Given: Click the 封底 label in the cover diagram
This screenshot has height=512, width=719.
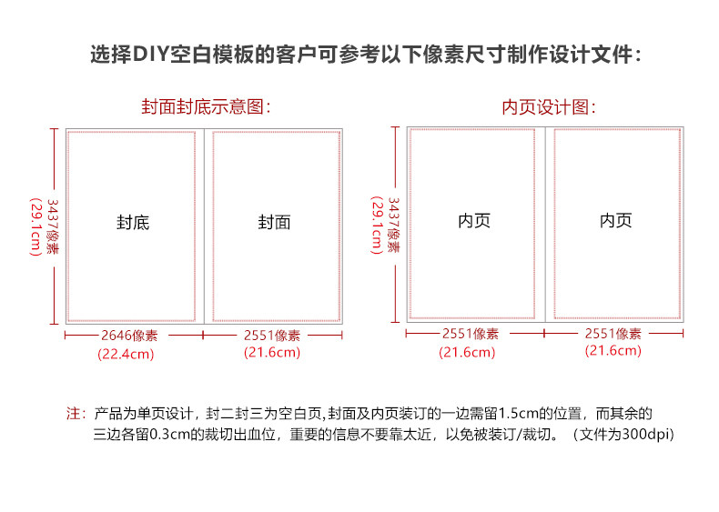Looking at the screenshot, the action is click(133, 222).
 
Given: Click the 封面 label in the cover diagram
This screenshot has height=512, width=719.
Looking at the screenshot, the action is click(274, 222).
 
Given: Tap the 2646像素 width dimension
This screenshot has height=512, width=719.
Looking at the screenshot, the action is click(129, 336).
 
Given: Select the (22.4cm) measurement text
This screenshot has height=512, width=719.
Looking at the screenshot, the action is click(126, 354).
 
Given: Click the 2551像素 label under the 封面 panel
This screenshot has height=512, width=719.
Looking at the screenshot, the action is click(272, 336).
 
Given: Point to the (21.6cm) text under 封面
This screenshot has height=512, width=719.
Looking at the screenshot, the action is click(272, 352).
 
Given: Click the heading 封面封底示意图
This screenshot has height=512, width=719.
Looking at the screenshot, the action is click(206, 106).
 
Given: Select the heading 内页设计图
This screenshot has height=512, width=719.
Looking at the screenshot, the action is click(549, 107).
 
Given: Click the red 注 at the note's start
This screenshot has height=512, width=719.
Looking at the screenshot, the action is click(73, 414).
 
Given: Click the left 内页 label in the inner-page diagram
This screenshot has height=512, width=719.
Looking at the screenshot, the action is click(474, 220).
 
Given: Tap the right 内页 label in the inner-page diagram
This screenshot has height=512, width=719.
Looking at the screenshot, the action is click(616, 220).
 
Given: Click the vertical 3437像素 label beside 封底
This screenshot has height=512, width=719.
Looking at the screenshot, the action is click(53, 226).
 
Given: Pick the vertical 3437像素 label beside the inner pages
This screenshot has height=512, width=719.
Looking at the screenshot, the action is click(394, 225).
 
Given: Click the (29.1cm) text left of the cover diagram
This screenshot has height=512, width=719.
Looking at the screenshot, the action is click(35, 226).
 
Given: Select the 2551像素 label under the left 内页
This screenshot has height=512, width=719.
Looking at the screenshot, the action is click(471, 334).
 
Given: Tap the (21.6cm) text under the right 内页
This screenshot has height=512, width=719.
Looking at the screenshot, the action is click(613, 351).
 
